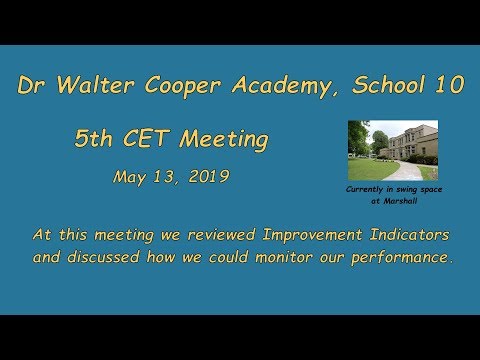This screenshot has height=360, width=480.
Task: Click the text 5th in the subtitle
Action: (x=95, y=140)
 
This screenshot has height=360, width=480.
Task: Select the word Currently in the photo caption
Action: (x=366, y=189)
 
